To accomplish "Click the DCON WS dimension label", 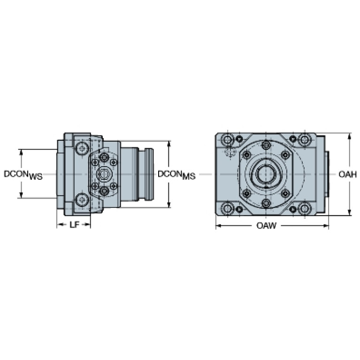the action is (x=23, y=175).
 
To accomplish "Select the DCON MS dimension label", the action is (x=176, y=175).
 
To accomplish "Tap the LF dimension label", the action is (x=74, y=225).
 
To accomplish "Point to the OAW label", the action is (x=266, y=226).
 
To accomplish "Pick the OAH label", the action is (x=348, y=175).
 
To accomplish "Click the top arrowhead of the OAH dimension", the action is (x=349, y=137).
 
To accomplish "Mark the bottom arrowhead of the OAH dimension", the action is (x=349, y=212).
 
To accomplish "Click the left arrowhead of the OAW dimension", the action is (x=219, y=226).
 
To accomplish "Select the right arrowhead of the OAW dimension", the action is (x=326, y=226).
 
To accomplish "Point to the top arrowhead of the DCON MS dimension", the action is (x=169, y=144).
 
